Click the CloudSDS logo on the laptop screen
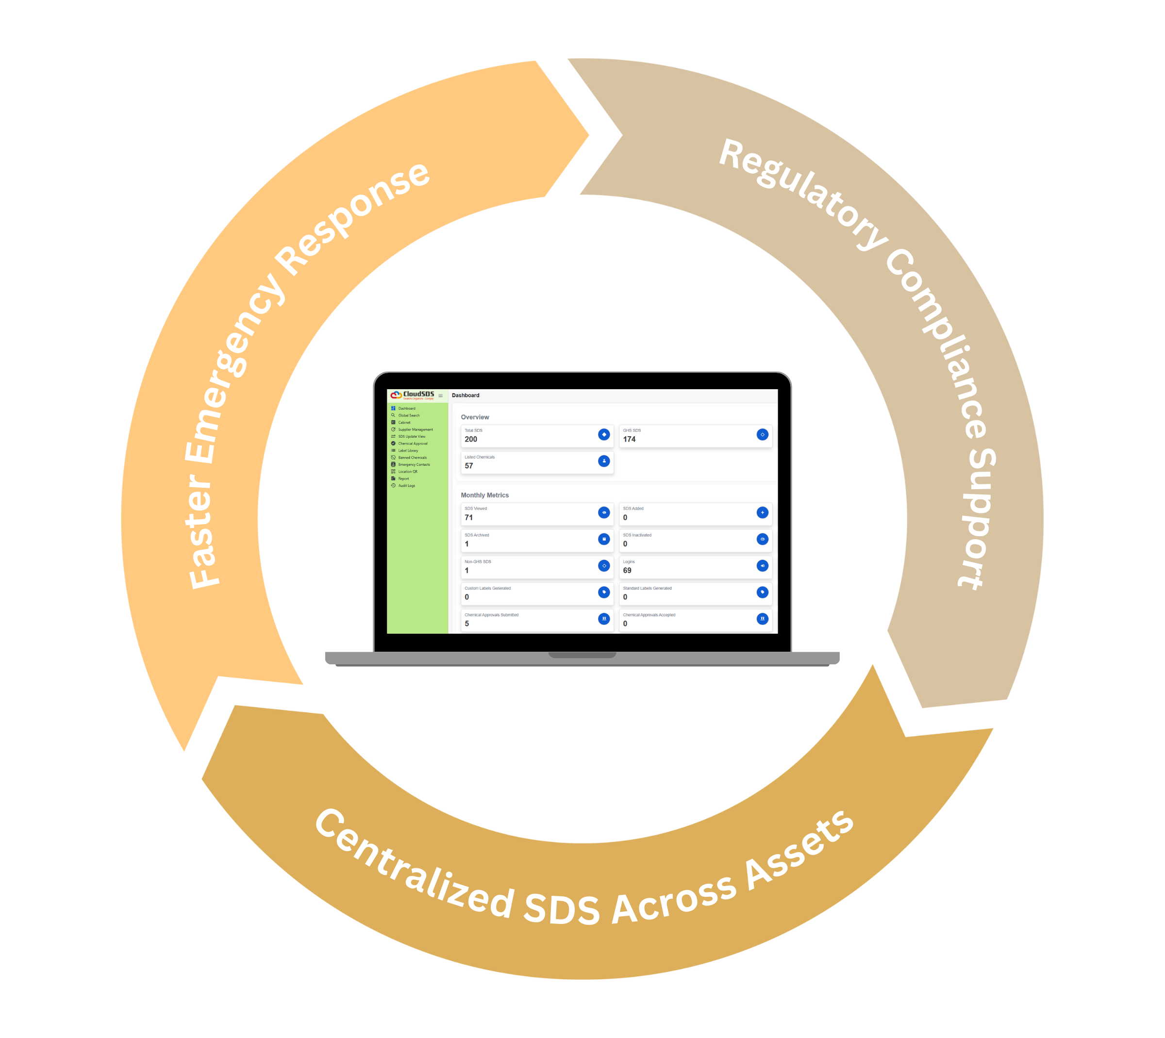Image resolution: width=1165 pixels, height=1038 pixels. click(x=412, y=395)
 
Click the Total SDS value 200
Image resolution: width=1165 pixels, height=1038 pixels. click(x=471, y=439)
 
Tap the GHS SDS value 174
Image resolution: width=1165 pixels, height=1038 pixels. click(x=629, y=439)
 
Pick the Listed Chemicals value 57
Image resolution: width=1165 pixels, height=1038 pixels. click(x=468, y=466)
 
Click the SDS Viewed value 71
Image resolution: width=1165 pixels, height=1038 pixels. click(x=468, y=517)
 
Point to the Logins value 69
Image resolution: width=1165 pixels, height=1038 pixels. click(x=627, y=570)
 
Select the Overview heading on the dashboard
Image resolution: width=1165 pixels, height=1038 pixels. click(x=475, y=417)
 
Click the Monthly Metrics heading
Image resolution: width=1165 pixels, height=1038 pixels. click(x=484, y=495)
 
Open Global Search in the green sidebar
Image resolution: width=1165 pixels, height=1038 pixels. click(x=409, y=415)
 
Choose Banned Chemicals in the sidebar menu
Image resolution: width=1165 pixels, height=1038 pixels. click(x=412, y=458)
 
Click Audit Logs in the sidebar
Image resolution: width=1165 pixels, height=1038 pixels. click(x=406, y=485)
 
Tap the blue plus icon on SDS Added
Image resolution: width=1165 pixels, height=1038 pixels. click(x=762, y=512)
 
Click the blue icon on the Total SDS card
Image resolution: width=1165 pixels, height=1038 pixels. click(x=603, y=435)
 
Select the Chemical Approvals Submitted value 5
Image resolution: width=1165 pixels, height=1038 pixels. click(x=466, y=624)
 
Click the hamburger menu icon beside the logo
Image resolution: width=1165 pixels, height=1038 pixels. click(x=440, y=395)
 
